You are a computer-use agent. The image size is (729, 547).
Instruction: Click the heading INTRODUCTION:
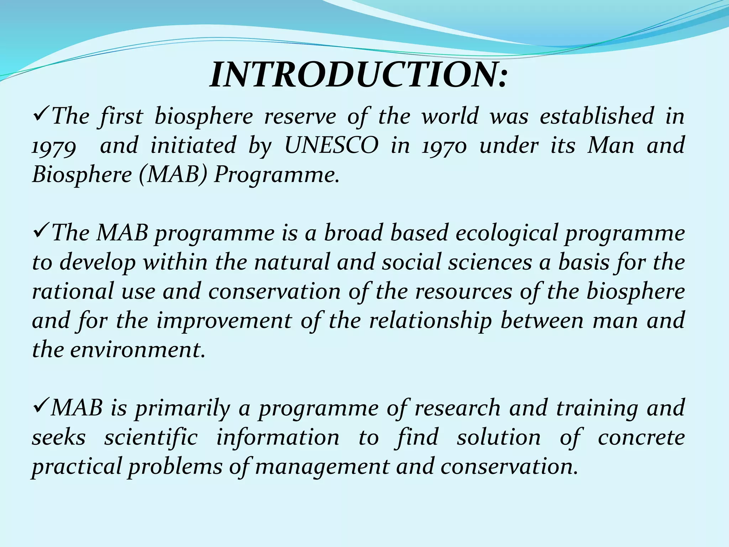tap(358, 75)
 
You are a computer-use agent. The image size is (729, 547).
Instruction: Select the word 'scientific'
tap(151, 437)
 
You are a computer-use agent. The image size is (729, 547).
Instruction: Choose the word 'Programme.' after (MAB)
tap(276, 175)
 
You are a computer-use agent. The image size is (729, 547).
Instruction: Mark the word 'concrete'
tap(641, 437)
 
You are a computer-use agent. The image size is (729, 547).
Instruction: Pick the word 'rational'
tap(73, 291)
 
